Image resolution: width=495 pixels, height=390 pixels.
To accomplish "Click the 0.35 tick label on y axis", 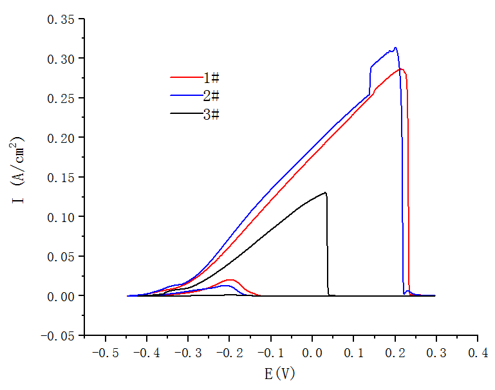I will coord(61,19).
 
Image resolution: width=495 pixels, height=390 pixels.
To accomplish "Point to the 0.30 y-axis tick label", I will coord(61,59).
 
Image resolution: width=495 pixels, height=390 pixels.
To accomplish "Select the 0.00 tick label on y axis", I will coord(61,295).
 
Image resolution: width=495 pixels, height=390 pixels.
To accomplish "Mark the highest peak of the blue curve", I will coord(395,48).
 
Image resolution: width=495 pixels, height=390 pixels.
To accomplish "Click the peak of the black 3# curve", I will coord(326,192).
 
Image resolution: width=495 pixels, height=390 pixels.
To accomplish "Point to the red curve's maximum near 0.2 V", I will coord(400,69).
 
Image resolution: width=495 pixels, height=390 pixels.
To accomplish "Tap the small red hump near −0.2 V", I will coord(230,280).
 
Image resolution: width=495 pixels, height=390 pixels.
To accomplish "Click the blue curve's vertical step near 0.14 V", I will coord(370,80).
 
